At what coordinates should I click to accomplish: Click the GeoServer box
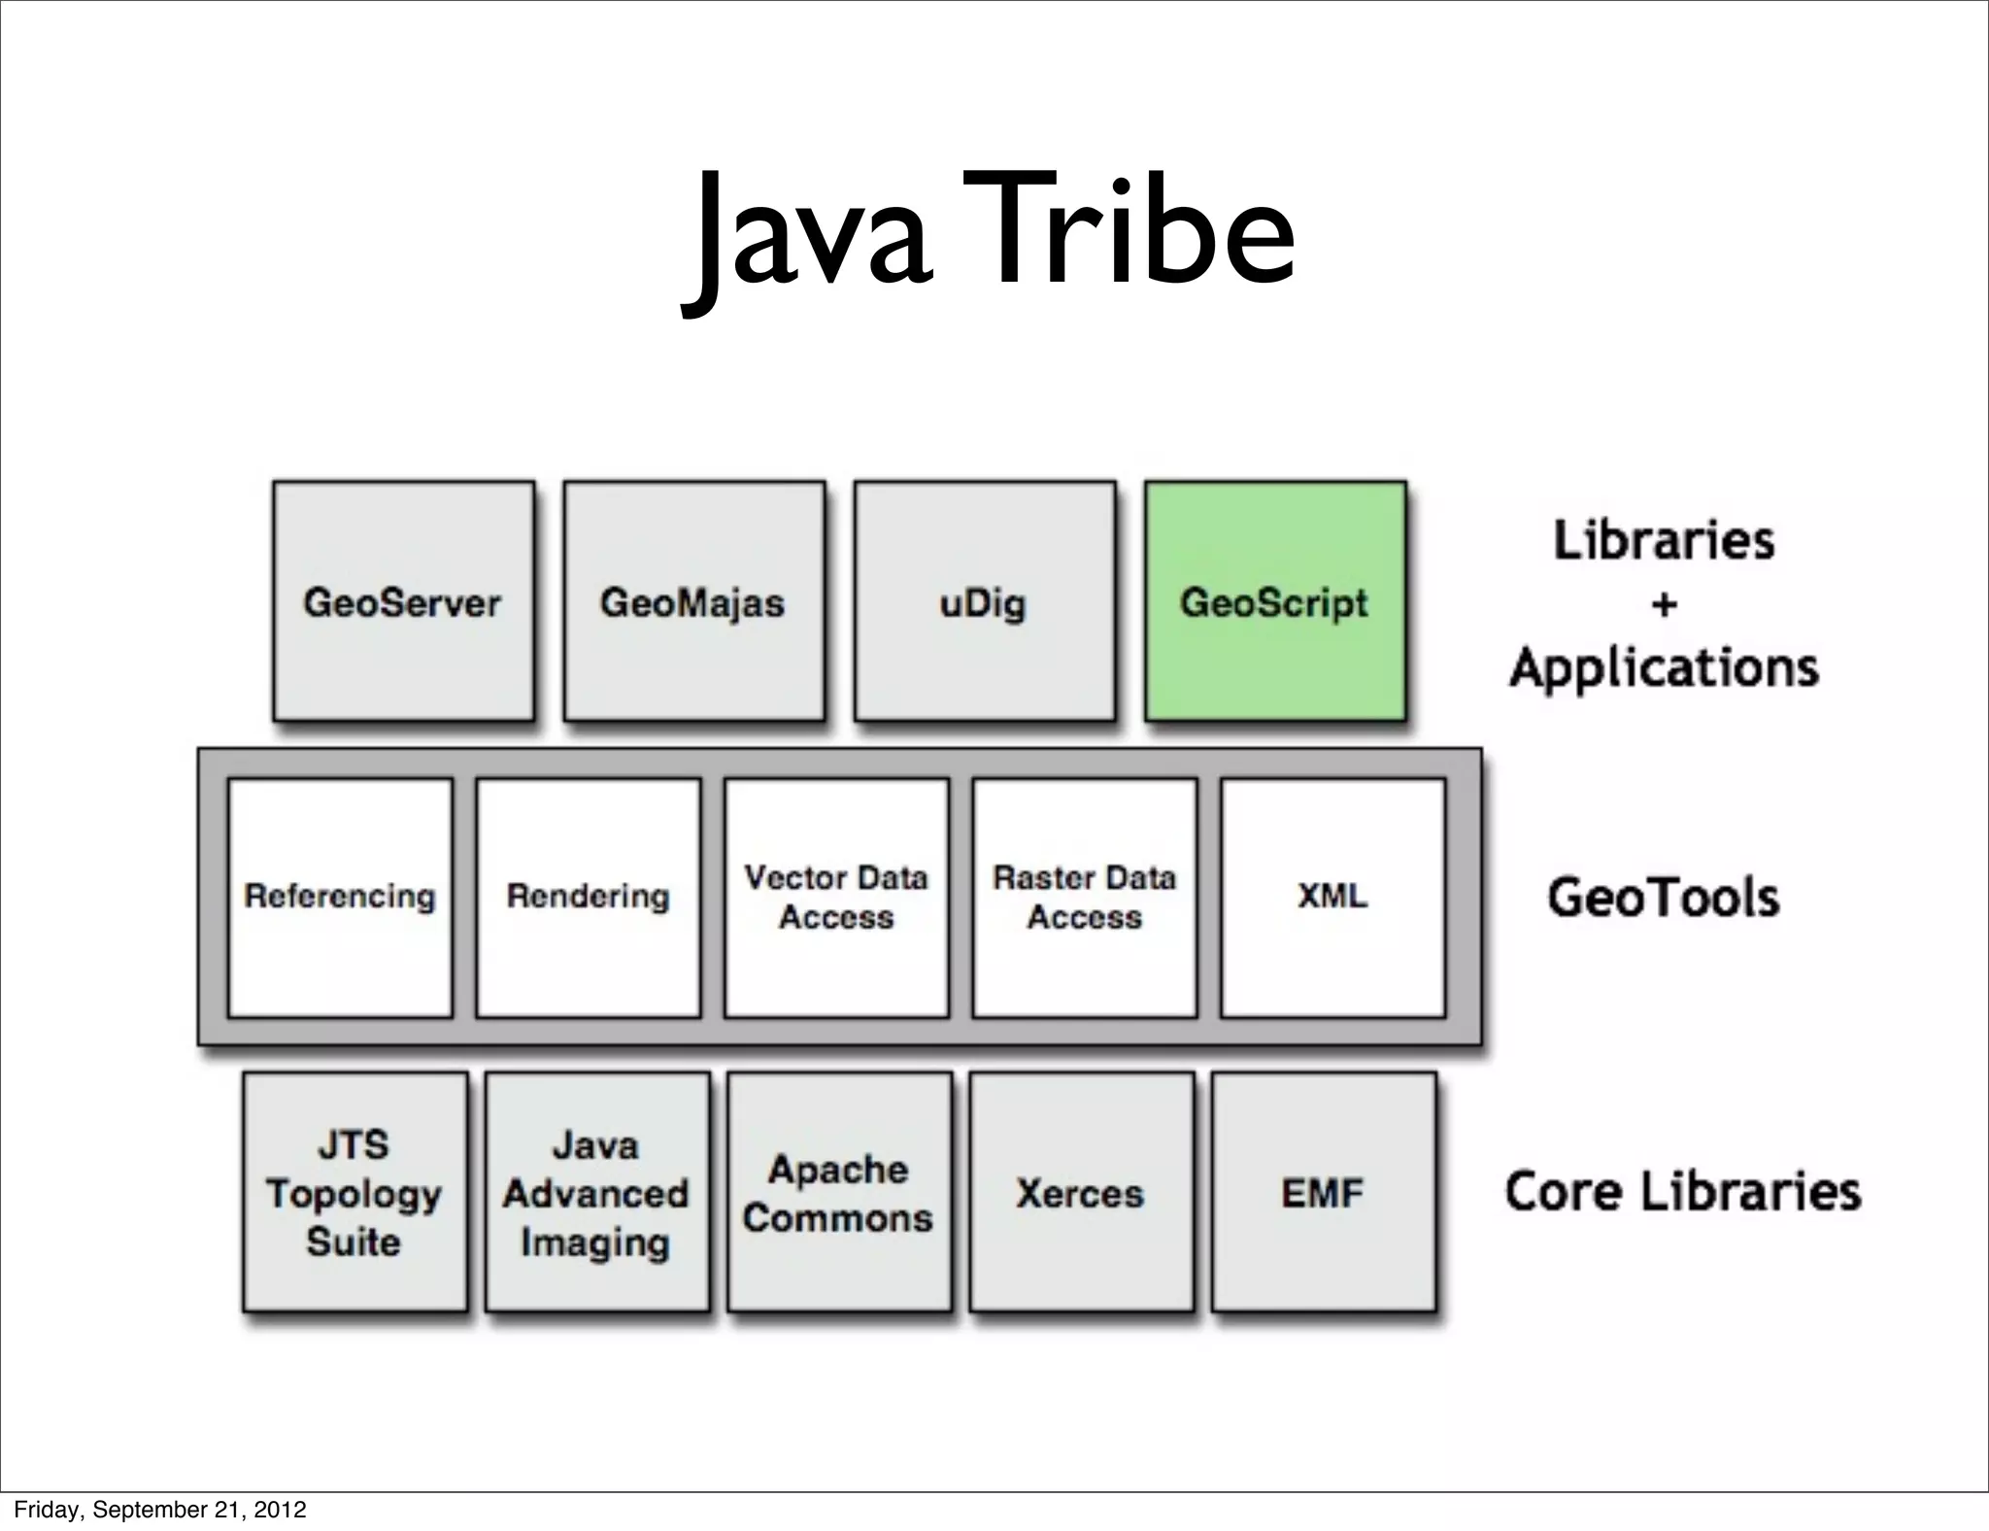(403, 601)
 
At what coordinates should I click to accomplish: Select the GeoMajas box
(693, 601)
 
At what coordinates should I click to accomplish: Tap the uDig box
(984, 601)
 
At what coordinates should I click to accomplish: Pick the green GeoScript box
(1274, 601)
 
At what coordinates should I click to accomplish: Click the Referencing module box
(340, 897)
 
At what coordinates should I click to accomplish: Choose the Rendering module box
(589, 897)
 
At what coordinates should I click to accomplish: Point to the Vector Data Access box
(836, 897)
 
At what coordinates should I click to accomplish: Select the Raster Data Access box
(1084, 897)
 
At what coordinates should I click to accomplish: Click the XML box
(1332, 897)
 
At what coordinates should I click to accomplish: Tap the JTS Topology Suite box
(354, 1192)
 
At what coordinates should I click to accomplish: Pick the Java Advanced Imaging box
(596, 1192)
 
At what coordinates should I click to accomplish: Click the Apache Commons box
(839, 1192)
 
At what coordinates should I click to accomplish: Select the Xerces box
(1081, 1192)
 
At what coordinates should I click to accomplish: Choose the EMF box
(1323, 1192)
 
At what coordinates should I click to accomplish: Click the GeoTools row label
(1663, 898)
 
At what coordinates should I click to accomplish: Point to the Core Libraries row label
(1682, 1192)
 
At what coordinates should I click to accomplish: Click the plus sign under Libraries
(1664, 605)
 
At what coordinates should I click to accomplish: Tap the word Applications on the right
(1664, 668)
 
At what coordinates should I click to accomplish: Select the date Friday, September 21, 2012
(160, 1510)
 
